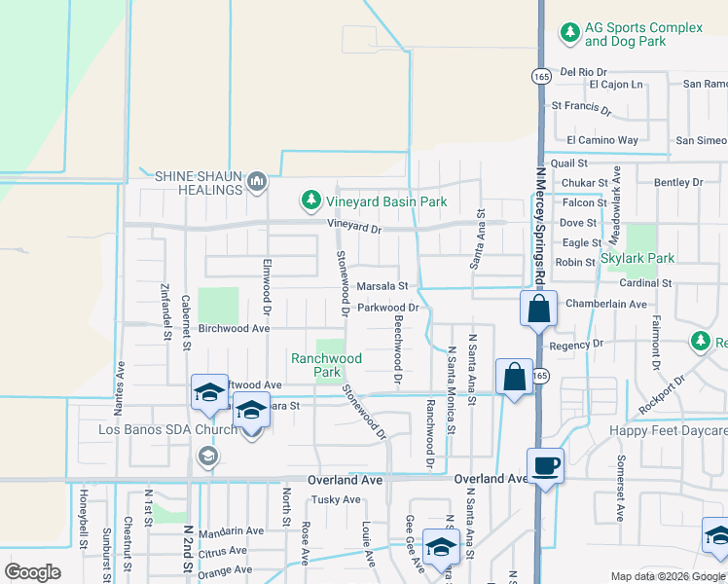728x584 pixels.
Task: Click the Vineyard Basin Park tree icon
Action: [310, 201]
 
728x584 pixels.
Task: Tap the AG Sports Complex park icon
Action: [569, 33]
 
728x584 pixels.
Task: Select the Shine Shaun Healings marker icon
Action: [258, 181]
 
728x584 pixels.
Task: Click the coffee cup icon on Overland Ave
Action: [544, 465]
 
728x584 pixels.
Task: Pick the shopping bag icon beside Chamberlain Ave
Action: [538, 310]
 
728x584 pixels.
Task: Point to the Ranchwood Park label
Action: [326, 365]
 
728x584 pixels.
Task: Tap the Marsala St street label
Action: [381, 286]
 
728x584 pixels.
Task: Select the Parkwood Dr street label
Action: [387, 308]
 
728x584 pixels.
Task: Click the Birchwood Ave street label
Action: [234, 329]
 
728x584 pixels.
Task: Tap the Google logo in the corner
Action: [32, 572]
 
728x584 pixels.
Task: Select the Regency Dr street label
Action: [576, 345]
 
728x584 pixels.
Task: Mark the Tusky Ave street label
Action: [335, 500]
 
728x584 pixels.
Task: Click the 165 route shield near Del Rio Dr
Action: [541, 76]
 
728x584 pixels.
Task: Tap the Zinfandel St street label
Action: [165, 311]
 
